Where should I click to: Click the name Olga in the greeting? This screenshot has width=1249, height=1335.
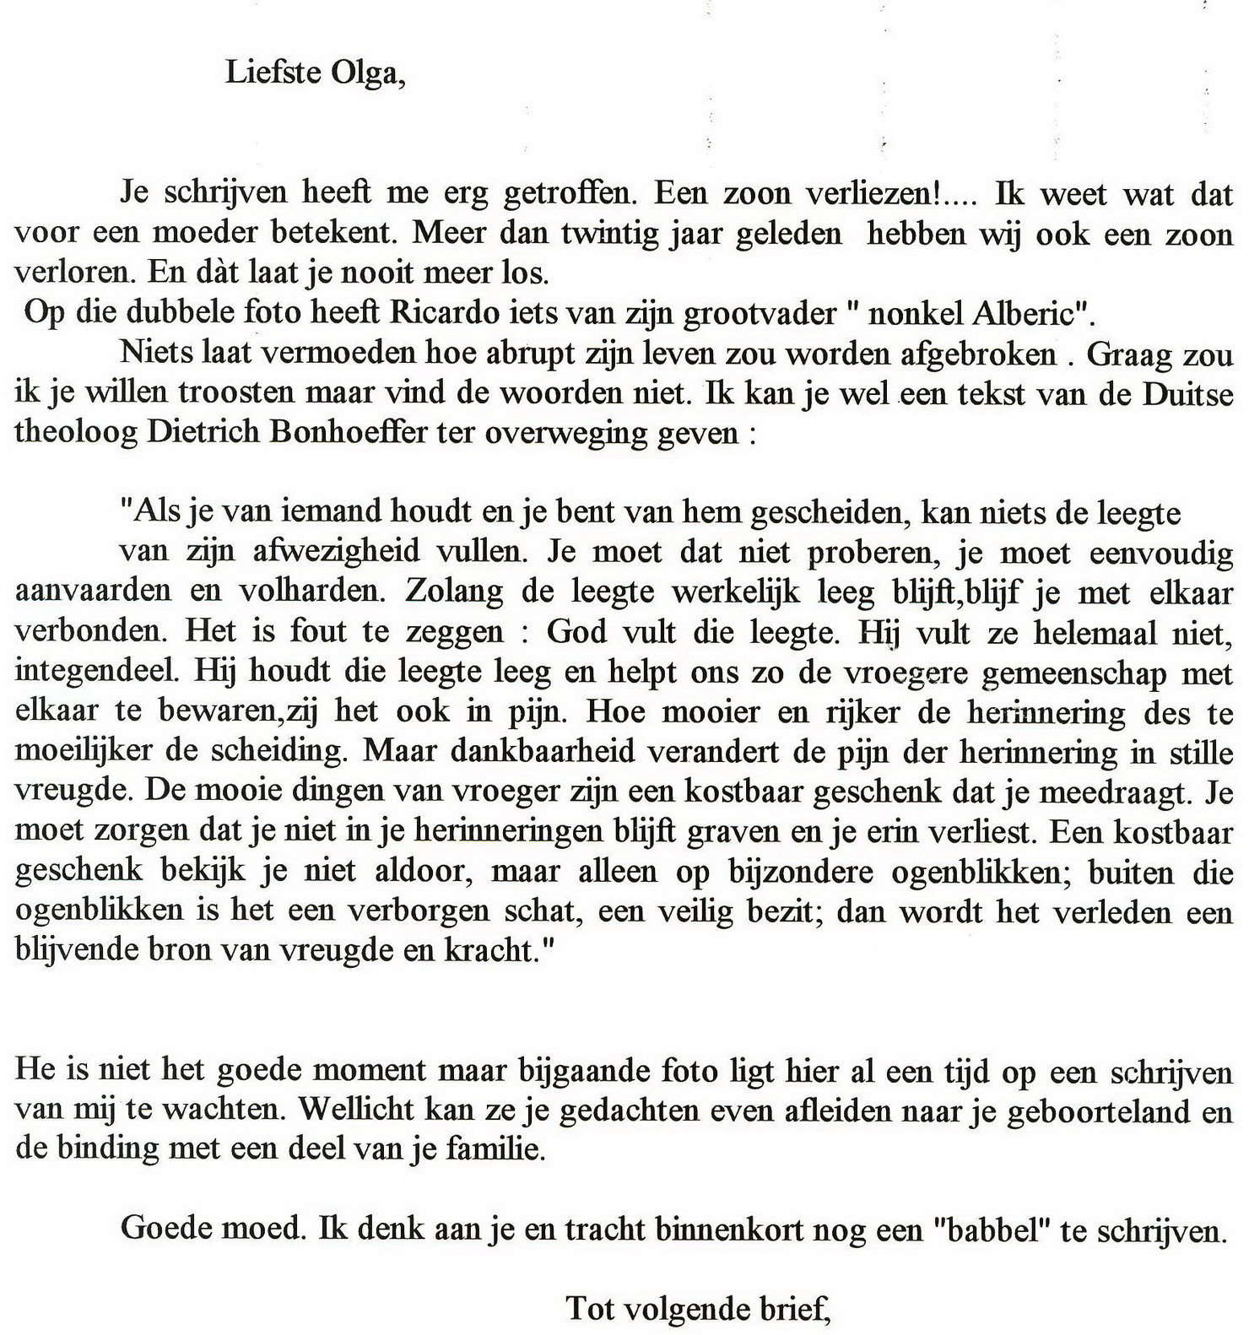point(367,73)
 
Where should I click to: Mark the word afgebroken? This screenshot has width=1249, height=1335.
point(978,353)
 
